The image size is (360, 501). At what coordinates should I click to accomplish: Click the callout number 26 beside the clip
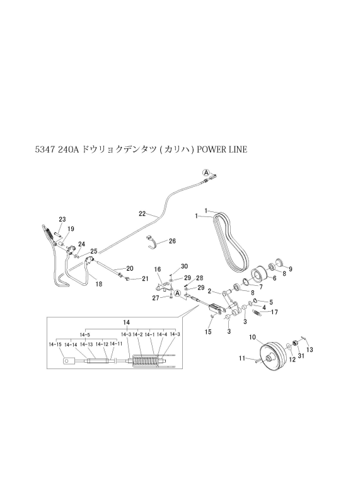(172, 241)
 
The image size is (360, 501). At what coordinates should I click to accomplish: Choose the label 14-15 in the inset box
(55, 345)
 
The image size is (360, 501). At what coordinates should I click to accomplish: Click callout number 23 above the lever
(62, 219)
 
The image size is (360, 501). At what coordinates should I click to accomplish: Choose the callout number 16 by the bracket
(159, 269)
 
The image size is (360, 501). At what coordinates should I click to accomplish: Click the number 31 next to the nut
(301, 356)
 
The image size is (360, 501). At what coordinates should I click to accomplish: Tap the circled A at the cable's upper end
(206, 172)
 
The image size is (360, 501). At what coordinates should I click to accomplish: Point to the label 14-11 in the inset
(117, 345)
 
